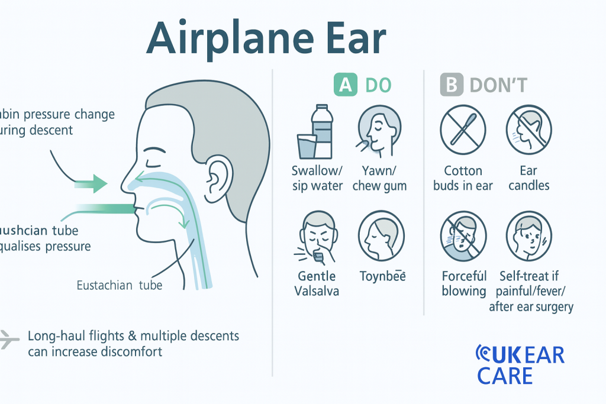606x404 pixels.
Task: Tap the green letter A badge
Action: point(346,85)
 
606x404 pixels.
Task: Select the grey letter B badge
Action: point(451,85)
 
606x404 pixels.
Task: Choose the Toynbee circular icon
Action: point(381,235)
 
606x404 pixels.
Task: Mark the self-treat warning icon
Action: point(528,235)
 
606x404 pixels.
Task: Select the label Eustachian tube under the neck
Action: point(120,286)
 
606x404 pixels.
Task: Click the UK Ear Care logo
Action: point(520,364)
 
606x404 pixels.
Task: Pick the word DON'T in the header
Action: point(498,85)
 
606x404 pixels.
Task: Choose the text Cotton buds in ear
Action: point(463,178)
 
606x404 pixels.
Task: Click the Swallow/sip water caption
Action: point(317,178)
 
